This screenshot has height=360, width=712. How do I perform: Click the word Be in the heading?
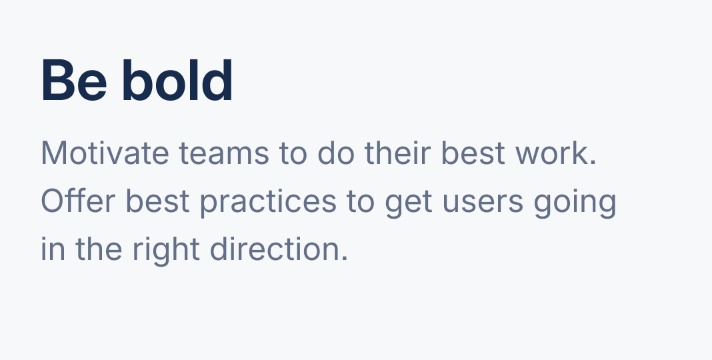74,81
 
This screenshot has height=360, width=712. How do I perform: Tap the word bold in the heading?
177,80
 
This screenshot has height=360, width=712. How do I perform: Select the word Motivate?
105,153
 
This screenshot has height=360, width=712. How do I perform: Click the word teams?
224,154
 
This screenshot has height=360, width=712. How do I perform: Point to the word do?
335,153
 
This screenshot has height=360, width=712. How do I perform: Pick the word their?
397,153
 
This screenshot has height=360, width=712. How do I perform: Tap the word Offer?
78,201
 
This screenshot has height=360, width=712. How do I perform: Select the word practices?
269,203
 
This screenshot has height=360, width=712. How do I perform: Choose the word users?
483,203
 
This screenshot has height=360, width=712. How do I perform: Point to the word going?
575,203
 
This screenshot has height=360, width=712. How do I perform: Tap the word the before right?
99,249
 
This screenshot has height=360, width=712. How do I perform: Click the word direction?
275,249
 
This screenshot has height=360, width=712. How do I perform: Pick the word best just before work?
473,153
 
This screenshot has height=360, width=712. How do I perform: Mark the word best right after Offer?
157,201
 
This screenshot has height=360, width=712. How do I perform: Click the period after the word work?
593,162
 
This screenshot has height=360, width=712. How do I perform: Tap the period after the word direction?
345,258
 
